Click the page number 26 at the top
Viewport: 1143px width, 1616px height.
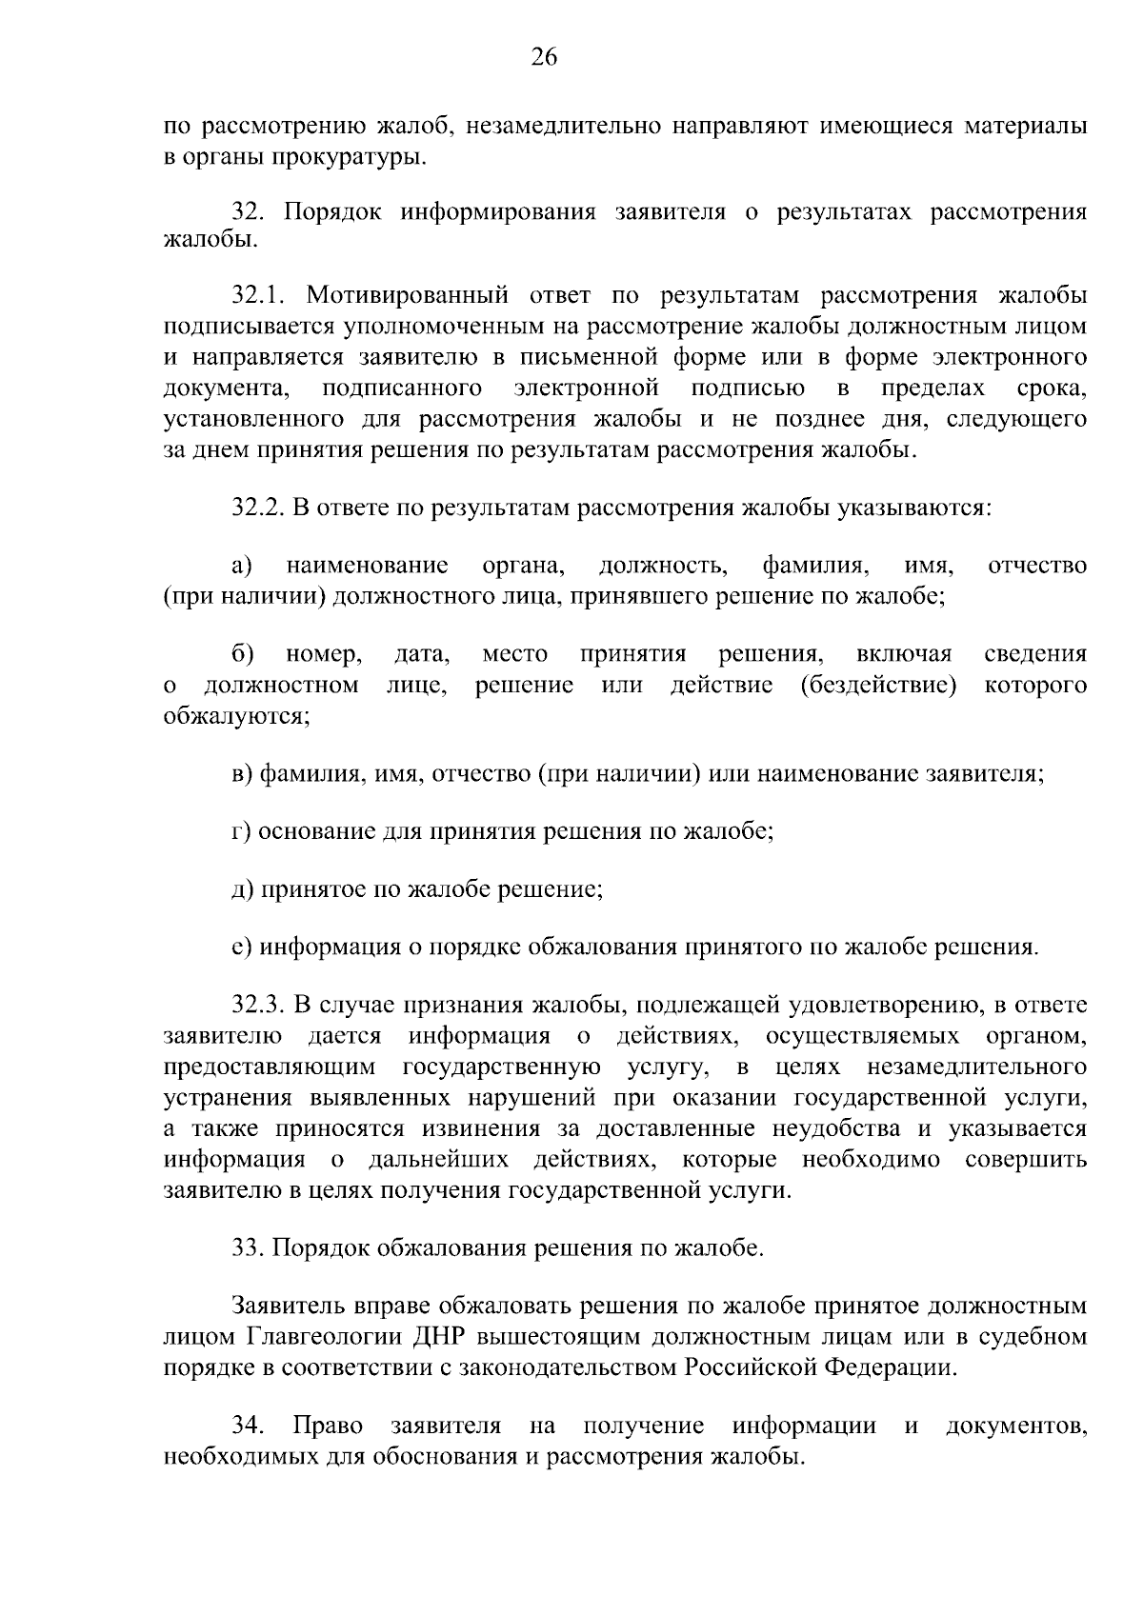point(544,58)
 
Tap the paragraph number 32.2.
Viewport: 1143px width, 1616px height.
point(258,508)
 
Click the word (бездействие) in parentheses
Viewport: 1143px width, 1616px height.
point(879,686)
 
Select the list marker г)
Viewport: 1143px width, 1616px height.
point(242,831)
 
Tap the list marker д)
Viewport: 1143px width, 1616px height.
point(242,890)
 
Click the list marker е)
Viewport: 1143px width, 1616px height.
point(242,948)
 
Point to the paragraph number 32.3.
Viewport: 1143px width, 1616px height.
point(258,1006)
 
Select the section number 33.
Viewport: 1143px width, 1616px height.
point(249,1248)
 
